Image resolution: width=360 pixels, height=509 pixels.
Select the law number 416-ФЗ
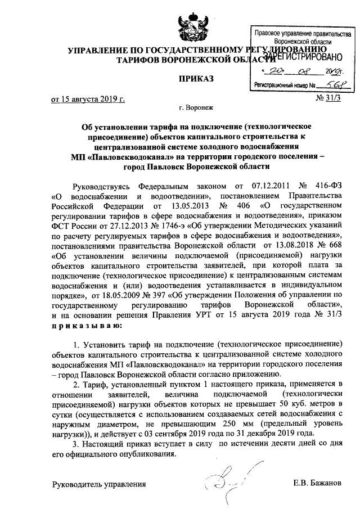click(x=328, y=185)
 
